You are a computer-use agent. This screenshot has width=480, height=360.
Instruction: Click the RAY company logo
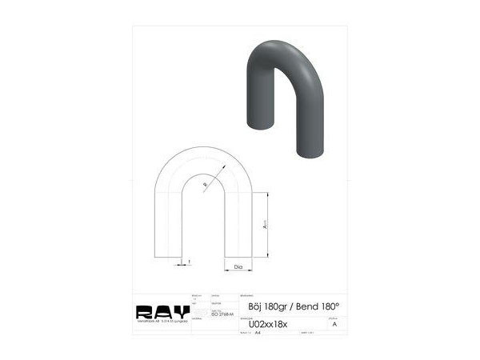(162, 311)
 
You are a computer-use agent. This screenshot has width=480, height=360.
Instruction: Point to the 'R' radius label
(205, 185)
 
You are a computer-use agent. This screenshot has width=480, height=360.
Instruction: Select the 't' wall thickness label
(189, 261)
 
